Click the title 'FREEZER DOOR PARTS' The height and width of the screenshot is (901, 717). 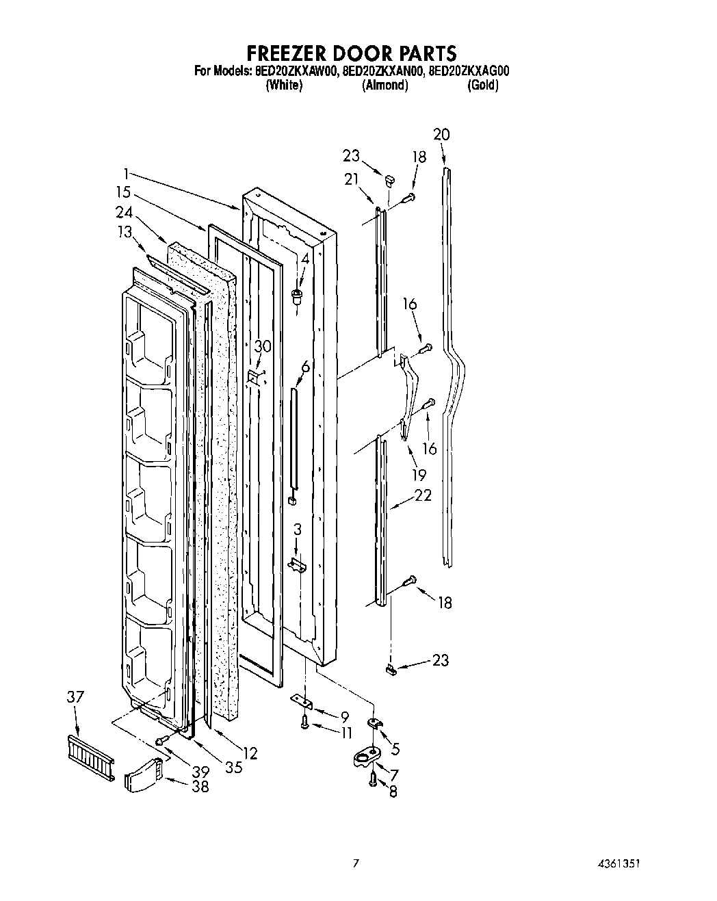tap(351, 53)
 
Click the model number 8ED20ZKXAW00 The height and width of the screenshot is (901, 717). tap(296, 71)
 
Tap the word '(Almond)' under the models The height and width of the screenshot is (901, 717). tap(384, 86)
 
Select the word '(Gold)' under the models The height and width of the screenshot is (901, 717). tap(482, 86)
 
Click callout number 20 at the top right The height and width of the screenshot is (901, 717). tap(441, 134)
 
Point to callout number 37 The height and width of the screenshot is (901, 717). tap(75, 697)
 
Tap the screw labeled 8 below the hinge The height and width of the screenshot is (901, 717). tap(372, 778)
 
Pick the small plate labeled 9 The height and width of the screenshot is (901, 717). tap(300, 701)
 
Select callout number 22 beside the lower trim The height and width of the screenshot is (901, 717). tap(423, 495)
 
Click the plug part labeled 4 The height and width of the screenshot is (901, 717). tap(297, 296)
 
